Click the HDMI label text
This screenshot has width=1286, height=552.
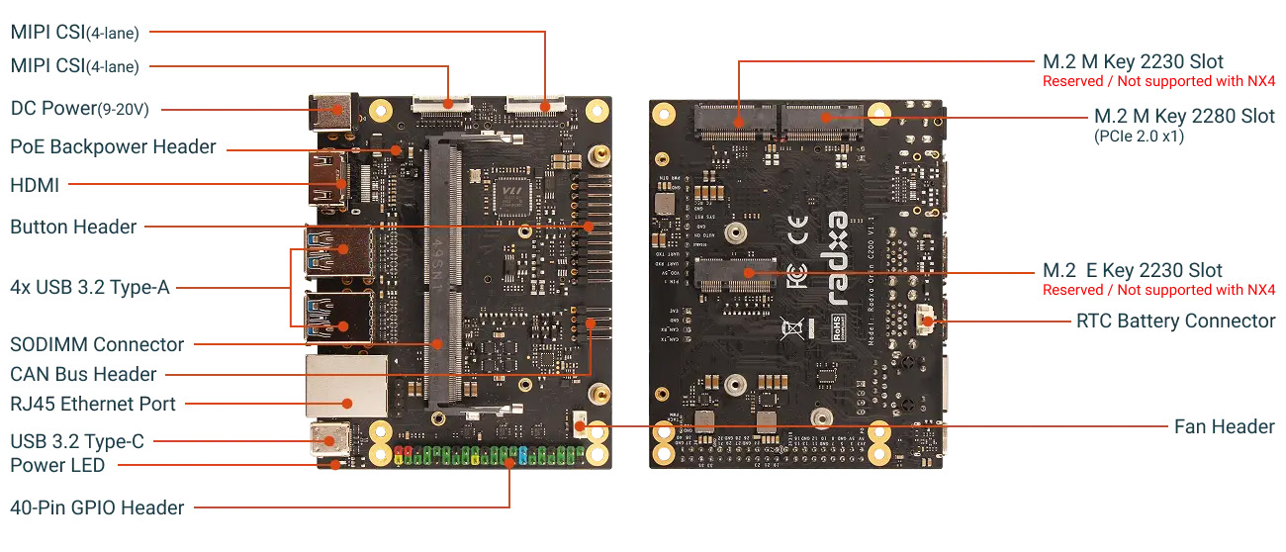(x=35, y=185)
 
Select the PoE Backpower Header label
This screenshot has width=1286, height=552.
(x=113, y=146)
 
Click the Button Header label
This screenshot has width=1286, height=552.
(x=73, y=227)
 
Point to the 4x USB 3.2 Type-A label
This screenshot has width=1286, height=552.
(x=90, y=288)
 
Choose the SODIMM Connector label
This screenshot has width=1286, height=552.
(x=97, y=344)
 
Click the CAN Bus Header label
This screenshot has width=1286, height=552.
(x=83, y=374)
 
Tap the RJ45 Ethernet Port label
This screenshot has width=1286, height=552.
(x=93, y=404)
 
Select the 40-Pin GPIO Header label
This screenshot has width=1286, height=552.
(x=97, y=507)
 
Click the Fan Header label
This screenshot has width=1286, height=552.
(x=1224, y=426)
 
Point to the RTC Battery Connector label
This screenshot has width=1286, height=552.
(x=1175, y=321)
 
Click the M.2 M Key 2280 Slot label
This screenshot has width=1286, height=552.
(x=1184, y=116)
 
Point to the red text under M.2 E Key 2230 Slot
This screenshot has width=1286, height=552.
(x=1158, y=290)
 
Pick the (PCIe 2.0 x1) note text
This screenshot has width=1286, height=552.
(x=1139, y=136)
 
